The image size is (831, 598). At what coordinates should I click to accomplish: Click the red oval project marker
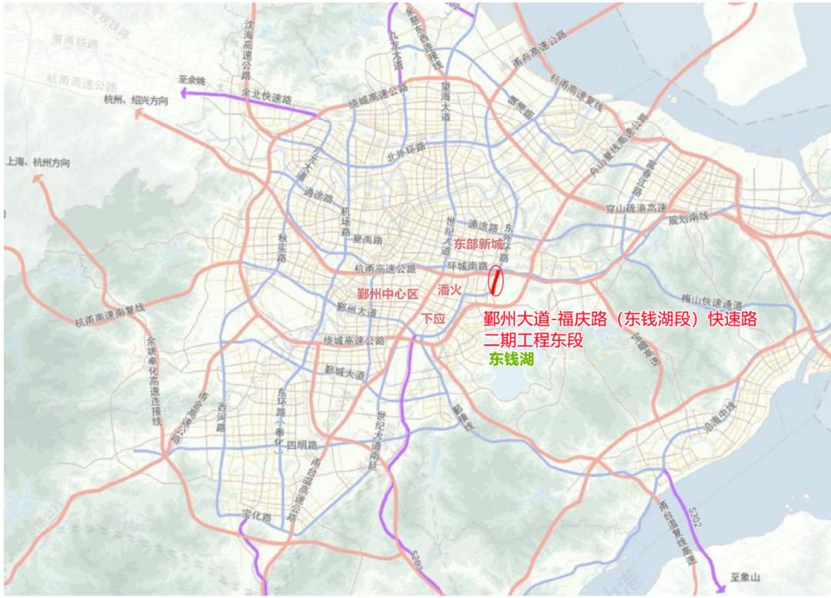point(496,282)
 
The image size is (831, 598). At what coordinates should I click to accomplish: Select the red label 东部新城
point(478,245)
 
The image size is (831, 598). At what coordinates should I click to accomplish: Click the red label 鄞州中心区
point(386,294)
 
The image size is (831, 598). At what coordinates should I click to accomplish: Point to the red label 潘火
point(449,290)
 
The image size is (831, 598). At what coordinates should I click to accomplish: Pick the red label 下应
point(432,319)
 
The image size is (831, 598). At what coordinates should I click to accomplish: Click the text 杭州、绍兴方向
point(136,100)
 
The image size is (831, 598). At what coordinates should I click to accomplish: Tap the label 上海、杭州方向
point(38,162)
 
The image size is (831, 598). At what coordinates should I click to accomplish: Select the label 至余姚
point(192,80)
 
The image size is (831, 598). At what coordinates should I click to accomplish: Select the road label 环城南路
point(468,266)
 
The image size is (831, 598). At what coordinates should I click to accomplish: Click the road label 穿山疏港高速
point(635,208)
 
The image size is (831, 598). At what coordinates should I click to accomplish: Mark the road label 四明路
point(301,446)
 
